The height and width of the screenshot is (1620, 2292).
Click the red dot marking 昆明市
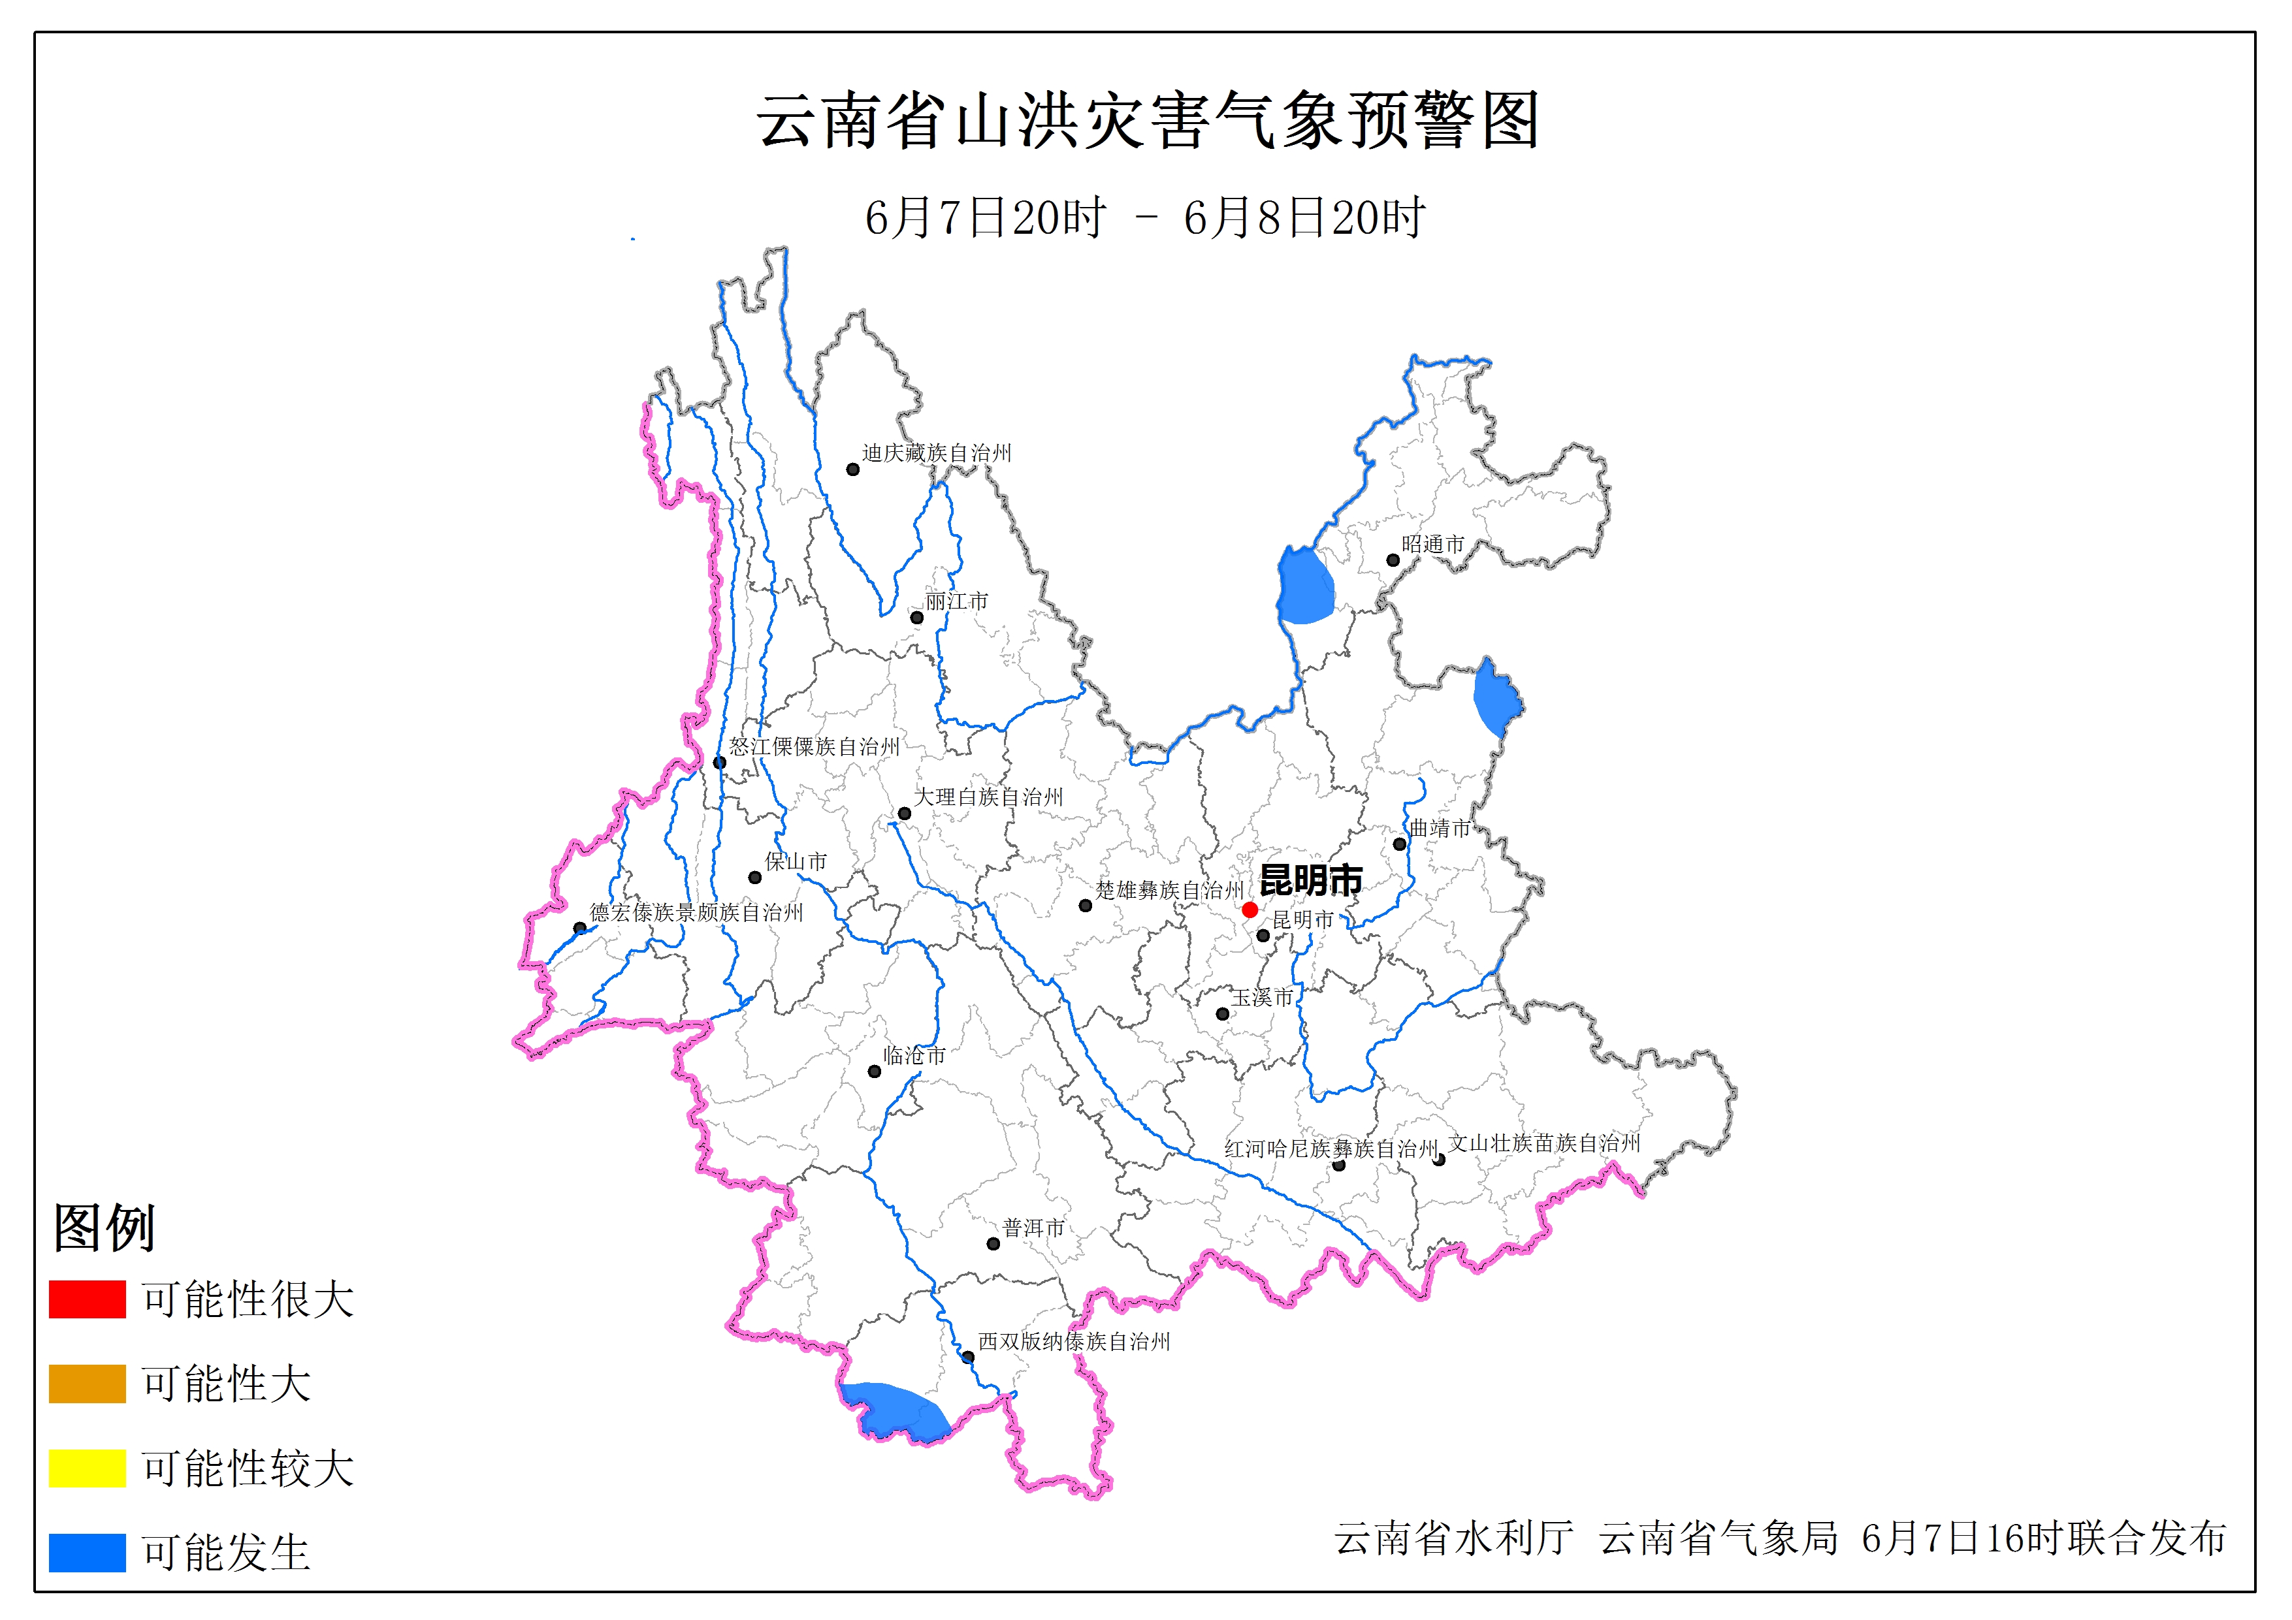(1249, 910)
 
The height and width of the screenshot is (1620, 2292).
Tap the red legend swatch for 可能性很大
(87, 1299)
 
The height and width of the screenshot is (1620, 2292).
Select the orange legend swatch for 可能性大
(87, 1384)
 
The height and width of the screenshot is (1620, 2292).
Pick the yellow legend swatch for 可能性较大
(87, 1467)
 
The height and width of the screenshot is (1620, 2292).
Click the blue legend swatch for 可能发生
(87, 1552)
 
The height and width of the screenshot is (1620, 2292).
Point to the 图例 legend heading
(104, 1227)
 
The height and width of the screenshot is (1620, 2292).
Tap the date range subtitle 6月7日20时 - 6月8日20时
(1145, 217)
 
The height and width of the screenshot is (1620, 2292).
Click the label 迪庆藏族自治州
(937, 453)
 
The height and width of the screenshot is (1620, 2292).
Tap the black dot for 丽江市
(916, 618)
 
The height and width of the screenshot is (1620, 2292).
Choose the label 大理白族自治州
(988, 797)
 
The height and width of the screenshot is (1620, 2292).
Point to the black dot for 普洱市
(993, 1244)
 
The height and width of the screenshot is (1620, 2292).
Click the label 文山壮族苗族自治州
(1543, 1143)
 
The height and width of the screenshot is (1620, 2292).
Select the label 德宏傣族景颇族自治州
(696, 912)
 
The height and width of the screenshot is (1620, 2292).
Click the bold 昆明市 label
(1311, 880)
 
